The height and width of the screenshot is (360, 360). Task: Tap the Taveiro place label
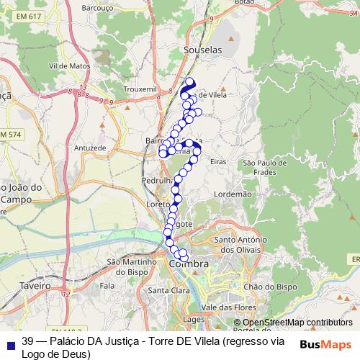[x=35, y=285]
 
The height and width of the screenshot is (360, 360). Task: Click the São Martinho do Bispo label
[x=130, y=266]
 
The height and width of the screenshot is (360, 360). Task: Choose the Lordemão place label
[x=233, y=194]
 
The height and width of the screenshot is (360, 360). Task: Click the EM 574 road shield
[x=12, y=135]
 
